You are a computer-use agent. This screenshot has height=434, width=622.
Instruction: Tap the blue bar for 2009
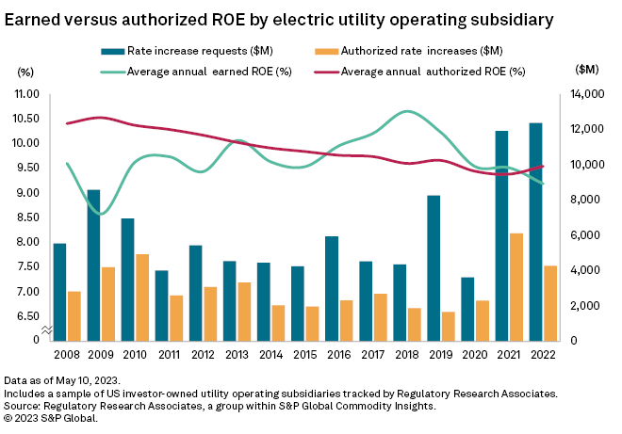point(94,265)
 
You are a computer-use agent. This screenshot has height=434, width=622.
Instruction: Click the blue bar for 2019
point(433,267)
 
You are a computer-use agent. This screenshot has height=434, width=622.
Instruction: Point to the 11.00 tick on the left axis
point(25,94)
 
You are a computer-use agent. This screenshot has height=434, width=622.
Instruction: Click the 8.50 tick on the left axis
point(25,217)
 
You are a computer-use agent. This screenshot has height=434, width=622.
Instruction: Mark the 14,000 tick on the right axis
point(588,94)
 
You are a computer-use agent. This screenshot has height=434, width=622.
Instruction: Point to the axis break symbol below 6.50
point(47,329)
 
